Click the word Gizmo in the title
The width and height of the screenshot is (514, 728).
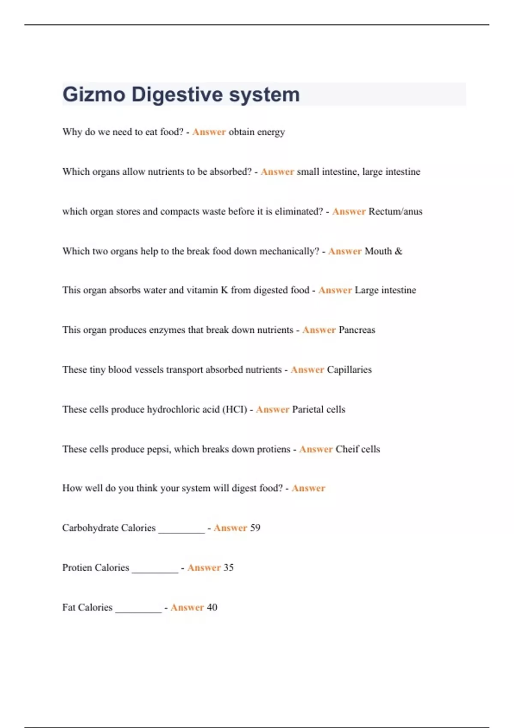click(94, 95)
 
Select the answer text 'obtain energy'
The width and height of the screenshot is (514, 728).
click(257, 132)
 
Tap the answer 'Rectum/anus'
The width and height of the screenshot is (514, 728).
click(395, 212)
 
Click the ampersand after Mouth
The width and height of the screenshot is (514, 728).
click(398, 251)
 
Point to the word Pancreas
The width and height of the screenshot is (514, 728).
click(357, 330)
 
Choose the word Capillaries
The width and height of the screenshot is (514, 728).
click(349, 370)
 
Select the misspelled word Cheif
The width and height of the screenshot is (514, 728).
click(346, 449)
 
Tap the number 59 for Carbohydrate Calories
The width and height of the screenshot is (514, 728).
click(255, 528)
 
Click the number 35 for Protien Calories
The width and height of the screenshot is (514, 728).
click(228, 568)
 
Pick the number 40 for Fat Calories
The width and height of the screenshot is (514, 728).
click(212, 608)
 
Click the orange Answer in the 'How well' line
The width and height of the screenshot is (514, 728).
click(308, 488)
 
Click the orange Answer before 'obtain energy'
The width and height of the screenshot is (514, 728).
click(209, 132)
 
